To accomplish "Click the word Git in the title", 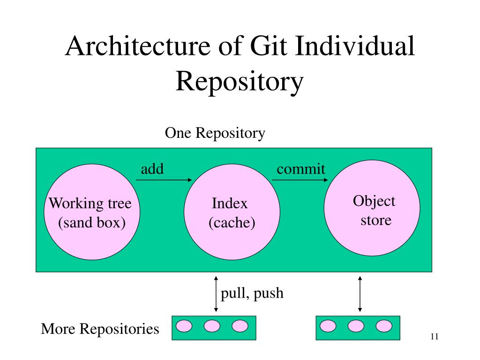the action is click(x=269, y=46).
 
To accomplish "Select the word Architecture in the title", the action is click(x=138, y=46).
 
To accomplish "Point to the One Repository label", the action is click(x=215, y=133).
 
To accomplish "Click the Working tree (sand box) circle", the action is click(x=92, y=212).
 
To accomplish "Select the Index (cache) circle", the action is click(x=232, y=212).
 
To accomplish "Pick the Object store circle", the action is click(x=372, y=208).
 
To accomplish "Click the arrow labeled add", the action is click(x=164, y=180).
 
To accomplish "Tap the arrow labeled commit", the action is click(x=300, y=180).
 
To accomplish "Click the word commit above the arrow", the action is click(x=300, y=169).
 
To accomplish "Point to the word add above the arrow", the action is click(x=152, y=169).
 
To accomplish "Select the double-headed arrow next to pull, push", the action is click(x=216, y=294).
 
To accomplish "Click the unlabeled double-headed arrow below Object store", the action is click(x=360, y=294).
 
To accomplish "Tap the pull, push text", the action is click(x=252, y=293).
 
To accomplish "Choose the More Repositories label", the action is click(x=100, y=329).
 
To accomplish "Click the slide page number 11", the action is click(x=435, y=337).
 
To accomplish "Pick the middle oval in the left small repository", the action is click(x=212, y=326).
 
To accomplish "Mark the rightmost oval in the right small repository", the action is click(x=384, y=326).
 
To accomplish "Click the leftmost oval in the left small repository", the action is click(x=184, y=326).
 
